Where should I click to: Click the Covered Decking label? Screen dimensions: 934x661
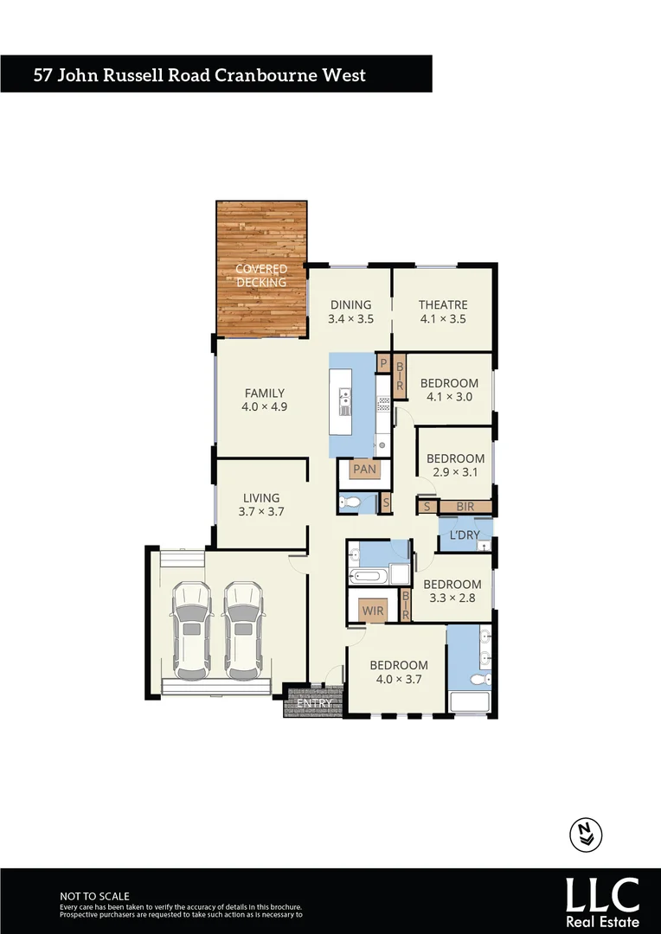point(261,276)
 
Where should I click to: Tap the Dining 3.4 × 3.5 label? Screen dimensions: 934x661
point(350,311)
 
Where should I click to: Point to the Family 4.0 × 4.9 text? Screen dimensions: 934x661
point(264,400)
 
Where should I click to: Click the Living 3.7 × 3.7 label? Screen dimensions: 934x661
point(261,504)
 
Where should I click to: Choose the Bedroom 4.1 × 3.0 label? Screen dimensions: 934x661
point(449,390)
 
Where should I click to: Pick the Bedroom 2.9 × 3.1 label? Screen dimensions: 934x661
point(455,465)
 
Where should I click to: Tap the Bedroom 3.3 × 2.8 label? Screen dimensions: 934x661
point(452,591)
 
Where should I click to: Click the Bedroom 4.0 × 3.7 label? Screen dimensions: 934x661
point(399,671)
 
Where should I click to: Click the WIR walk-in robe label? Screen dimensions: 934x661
point(373,611)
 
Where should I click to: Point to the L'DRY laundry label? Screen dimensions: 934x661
point(464,535)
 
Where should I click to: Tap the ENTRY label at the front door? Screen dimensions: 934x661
point(313,703)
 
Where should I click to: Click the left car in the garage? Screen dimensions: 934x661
point(192,630)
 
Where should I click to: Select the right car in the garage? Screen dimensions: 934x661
point(243,630)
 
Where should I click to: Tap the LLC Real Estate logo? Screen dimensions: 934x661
point(602,899)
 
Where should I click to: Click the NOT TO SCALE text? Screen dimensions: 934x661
point(94,896)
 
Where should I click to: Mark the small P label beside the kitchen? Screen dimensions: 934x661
point(382,364)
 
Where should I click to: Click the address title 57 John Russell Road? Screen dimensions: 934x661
point(199,74)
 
